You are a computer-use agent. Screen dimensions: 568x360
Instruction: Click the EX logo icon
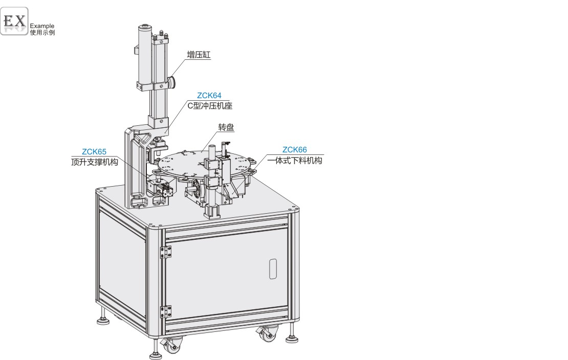pyautogui.click(x=14, y=21)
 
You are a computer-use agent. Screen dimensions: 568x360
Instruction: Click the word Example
pyautogui.click(x=42, y=26)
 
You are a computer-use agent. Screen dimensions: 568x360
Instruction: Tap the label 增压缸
pyautogui.click(x=199, y=55)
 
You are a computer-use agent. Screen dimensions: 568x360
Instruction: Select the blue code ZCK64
pyautogui.click(x=209, y=96)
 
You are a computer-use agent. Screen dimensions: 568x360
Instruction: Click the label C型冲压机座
pyautogui.click(x=210, y=106)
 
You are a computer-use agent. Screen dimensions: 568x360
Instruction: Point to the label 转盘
pyautogui.click(x=226, y=127)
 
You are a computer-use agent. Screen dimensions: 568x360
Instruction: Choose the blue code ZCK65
pyautogui.click(x=94, y=152)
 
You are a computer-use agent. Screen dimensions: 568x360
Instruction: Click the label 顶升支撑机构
pyautogui.click(x=95, y=162)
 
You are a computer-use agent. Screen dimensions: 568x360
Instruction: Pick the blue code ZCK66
pyautogui.click(x=295, y=150)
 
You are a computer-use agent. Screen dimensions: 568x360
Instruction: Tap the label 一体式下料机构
pyautogui.click(x=295, y=161)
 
